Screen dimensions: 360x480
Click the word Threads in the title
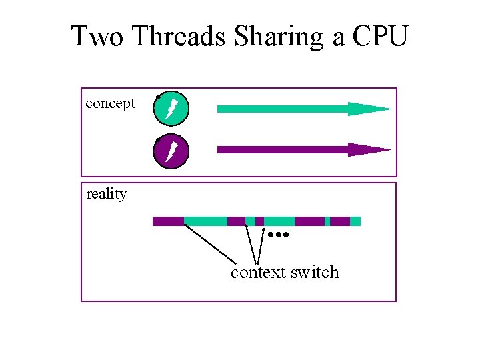(180, 36)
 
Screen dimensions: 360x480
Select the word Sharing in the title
(280, 36)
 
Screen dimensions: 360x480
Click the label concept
(111, 103)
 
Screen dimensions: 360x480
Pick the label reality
(107, 194)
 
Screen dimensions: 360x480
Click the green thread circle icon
(172, 108)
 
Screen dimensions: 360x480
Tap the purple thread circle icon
(172, 151)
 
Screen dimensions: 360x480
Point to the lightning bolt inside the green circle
(171, 108)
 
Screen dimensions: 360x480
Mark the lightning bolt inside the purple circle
(171, 151)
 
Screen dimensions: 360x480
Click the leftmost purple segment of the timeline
(168, 221)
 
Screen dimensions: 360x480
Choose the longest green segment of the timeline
(205, 221)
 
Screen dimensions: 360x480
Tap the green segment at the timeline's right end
(355, 221)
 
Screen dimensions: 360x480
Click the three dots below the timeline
(279, 235)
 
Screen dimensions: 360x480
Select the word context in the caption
(259, 273)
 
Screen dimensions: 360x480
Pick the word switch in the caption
(315, 273)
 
